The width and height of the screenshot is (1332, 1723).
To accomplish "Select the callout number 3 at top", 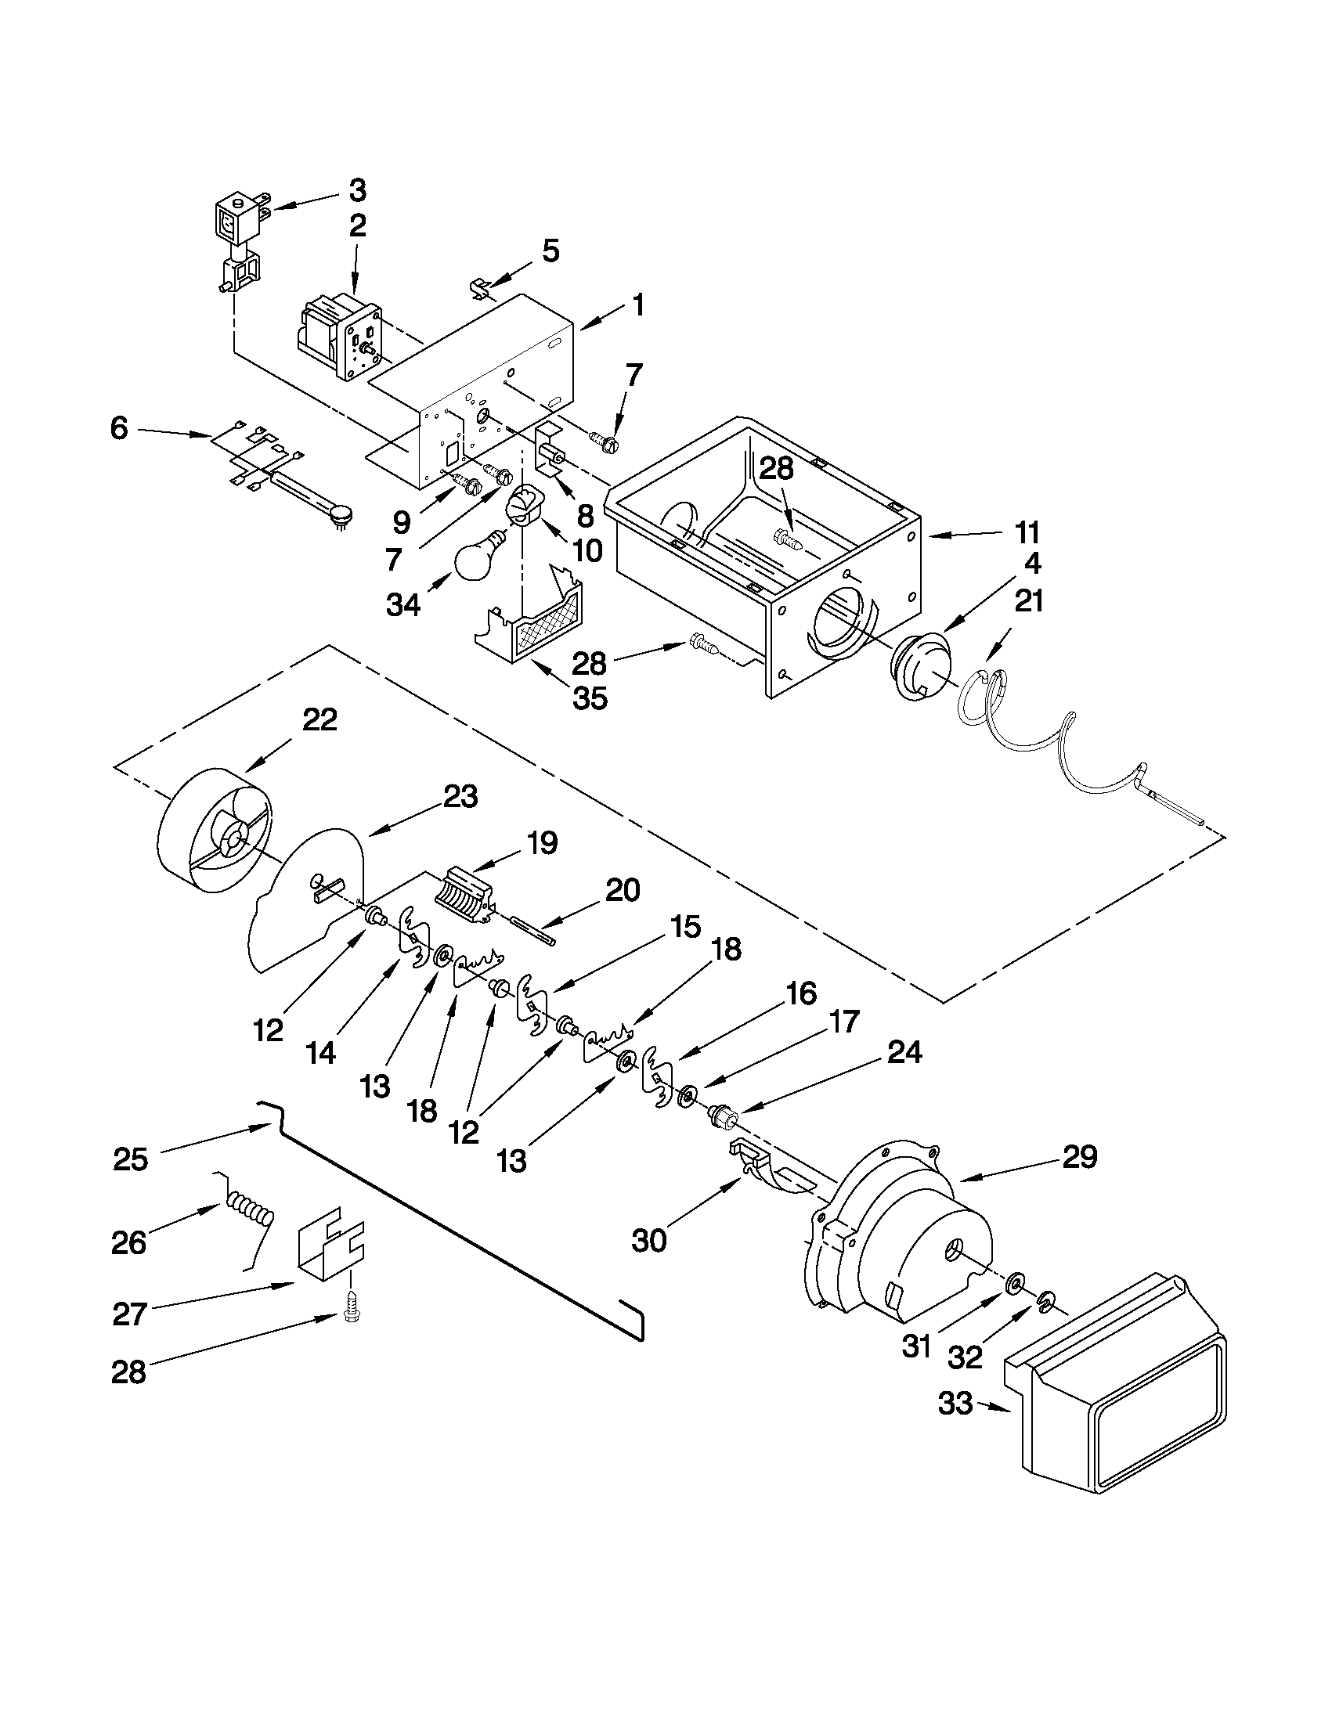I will point(357,190).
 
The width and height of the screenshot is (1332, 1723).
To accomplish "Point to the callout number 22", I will point(320,719).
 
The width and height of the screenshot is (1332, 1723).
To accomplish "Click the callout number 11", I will point(1027,532).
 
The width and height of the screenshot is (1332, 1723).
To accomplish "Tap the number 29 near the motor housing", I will point(1080,1157).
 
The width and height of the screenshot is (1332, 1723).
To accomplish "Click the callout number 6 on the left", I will point(119,429).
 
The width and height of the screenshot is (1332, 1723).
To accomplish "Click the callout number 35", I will point(590,698).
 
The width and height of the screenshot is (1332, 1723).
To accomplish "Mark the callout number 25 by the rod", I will point(131,1159).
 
